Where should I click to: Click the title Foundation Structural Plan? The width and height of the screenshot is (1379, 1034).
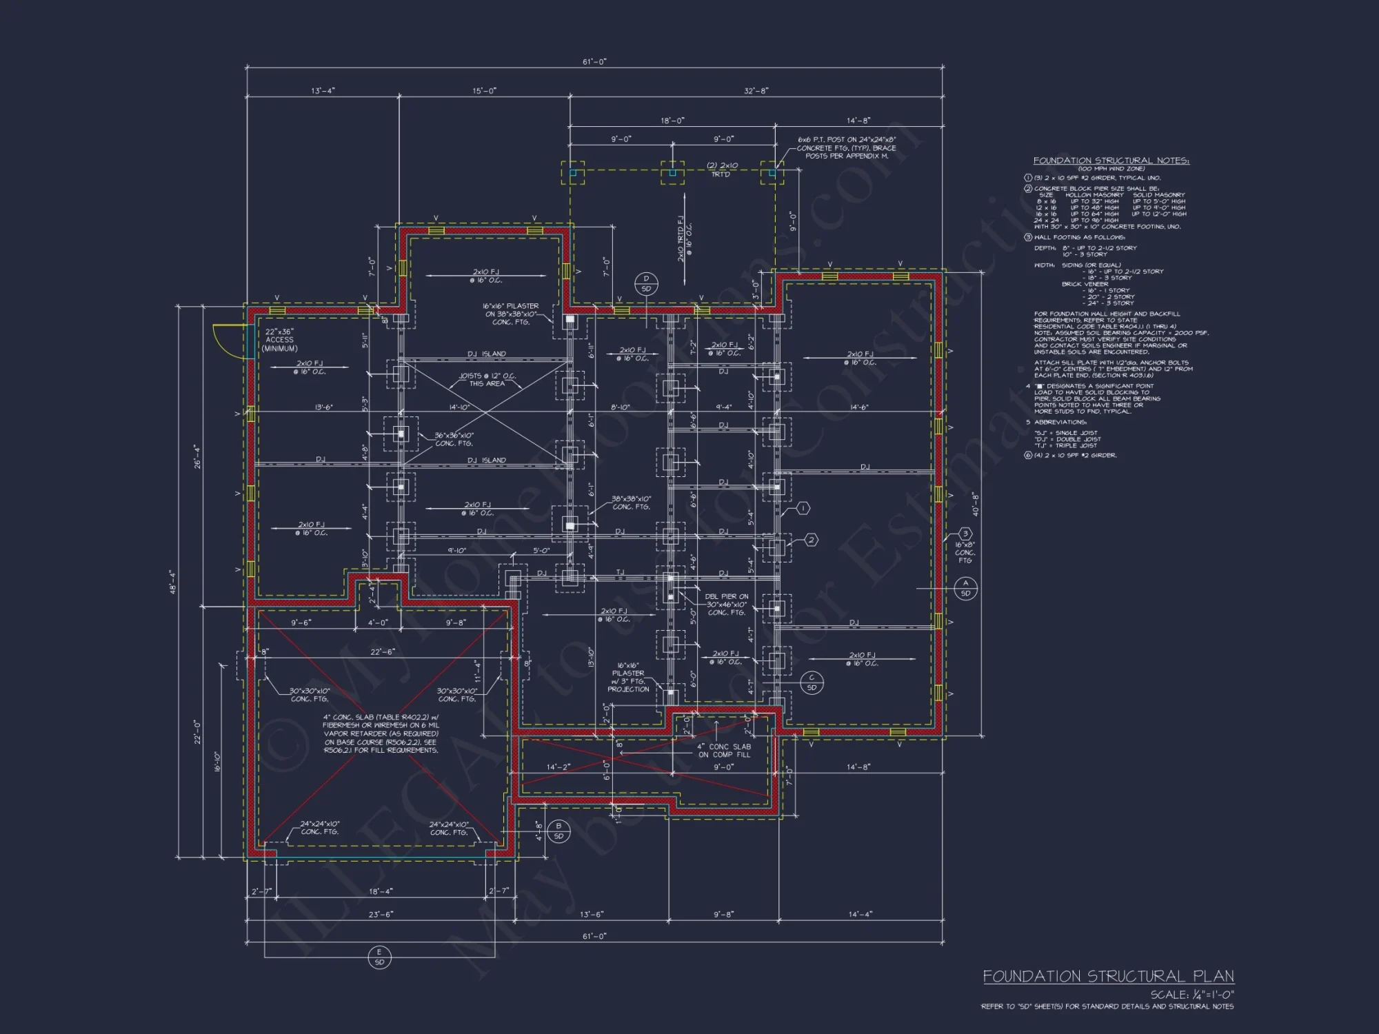[1108, 976]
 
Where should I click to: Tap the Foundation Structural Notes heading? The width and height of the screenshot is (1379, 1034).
[1111, 161]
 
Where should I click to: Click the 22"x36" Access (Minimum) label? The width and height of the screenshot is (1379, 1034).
[279, 340]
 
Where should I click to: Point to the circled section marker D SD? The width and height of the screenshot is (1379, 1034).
[646, 283]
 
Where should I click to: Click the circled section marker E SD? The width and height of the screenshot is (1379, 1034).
[379, 957]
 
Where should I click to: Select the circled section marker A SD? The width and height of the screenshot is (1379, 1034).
[965, 588]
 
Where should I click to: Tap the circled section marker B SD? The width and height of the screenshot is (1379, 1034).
[558, 831]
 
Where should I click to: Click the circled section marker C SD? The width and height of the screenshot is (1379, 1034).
[812, 682]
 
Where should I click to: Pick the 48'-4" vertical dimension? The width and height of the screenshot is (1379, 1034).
[173, 581]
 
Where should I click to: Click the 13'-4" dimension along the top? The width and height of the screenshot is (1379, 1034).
[323, 91]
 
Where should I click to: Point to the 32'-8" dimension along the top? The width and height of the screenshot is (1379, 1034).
[756, 91]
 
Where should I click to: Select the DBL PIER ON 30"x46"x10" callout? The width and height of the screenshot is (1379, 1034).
[726, 605]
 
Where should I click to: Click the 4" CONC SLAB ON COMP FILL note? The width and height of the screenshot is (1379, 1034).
[723, 751]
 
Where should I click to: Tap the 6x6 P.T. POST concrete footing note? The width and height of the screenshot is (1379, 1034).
[847, 148]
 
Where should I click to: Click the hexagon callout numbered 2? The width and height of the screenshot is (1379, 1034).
[812, 540]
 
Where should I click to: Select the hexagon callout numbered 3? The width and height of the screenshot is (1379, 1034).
[965, 534]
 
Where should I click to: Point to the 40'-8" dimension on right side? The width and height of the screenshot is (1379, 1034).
[975, 504]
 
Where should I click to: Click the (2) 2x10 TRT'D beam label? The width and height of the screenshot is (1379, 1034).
[722, 170]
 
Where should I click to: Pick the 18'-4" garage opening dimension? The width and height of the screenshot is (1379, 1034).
[381, 891]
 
